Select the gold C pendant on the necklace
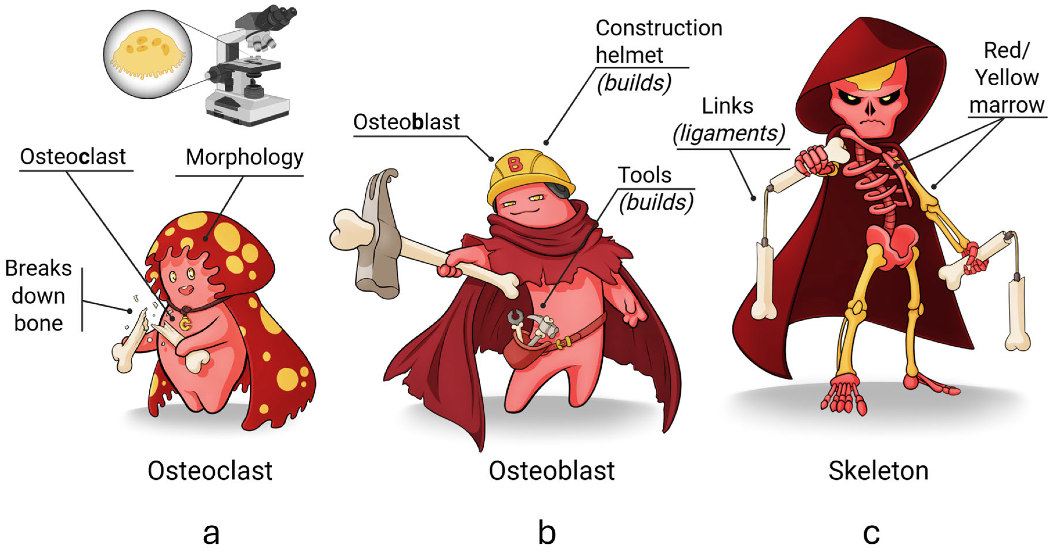[185, 324]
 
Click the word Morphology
[244, 157]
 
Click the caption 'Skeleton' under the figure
[878, 471]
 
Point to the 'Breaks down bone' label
[38, 296]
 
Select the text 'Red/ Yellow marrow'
[1007, 78]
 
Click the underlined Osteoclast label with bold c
[73, 157]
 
